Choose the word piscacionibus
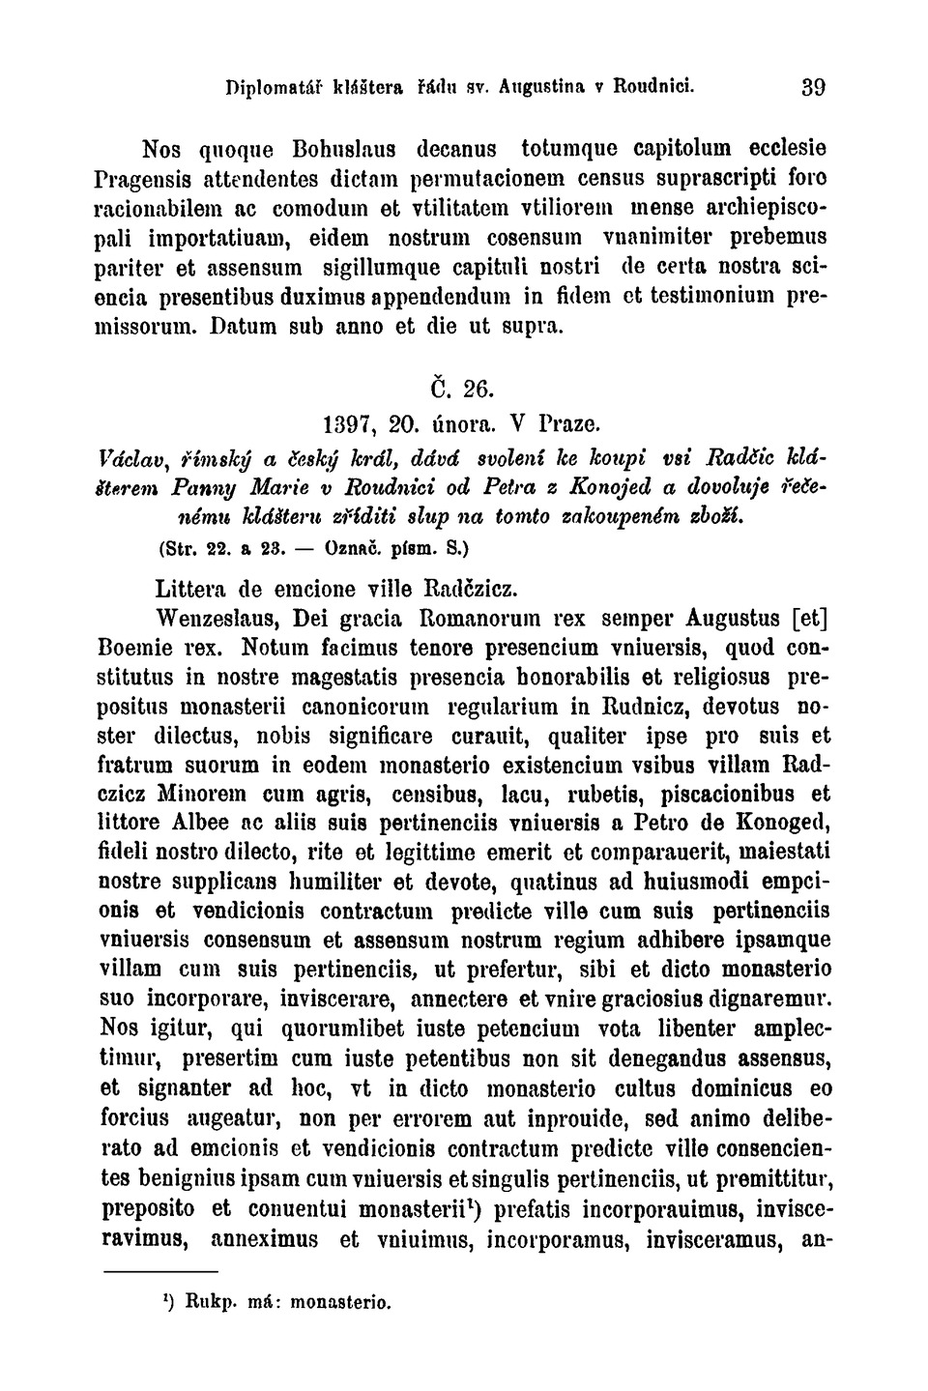coord(730,795)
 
